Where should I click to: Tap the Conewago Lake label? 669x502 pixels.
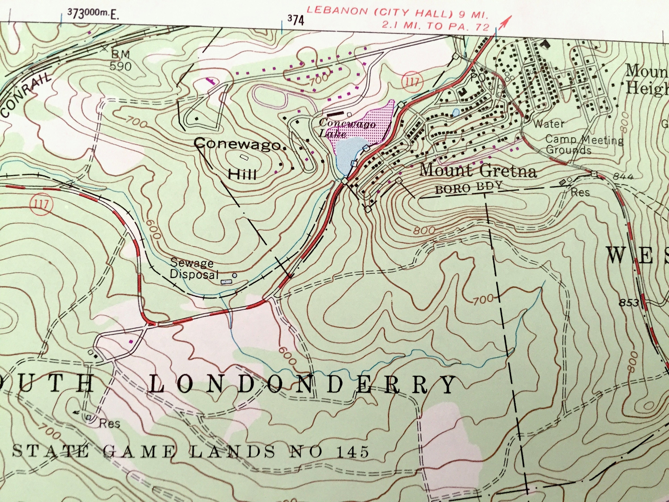(x=347, y=128)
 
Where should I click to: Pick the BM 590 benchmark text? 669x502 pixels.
(x=120, y=60)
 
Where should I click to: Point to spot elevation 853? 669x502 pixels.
(x=629, y=302)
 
